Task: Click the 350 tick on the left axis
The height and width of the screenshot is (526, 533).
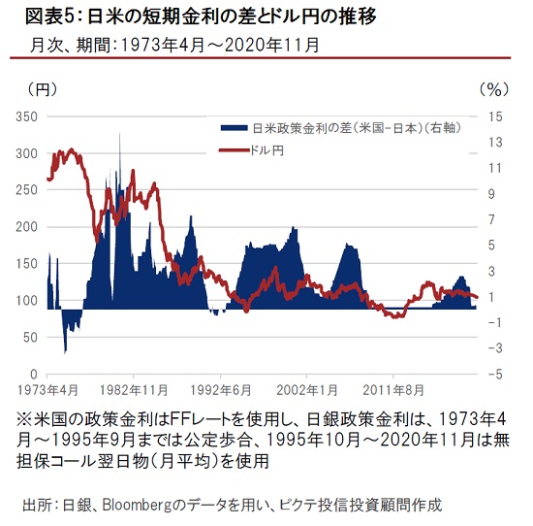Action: click(26, 116)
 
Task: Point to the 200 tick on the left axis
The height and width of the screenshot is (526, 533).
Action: click(26, 227)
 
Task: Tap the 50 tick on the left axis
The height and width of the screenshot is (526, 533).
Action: click(30, 337)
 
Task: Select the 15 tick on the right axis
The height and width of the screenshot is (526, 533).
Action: click(495, 116)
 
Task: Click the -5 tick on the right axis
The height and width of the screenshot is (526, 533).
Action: click(495, 375)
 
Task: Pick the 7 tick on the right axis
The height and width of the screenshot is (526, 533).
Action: click(491, 219)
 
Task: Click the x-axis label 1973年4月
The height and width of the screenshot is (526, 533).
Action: click(47, 390)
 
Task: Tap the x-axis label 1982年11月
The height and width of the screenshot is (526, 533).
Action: click(134, 390)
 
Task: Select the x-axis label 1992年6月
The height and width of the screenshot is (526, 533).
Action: click(221, 390)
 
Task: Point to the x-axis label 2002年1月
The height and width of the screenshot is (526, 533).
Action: click(307, 390)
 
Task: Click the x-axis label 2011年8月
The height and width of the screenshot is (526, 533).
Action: click(393, 390)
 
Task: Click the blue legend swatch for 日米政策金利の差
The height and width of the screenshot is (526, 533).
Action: click(234, 128)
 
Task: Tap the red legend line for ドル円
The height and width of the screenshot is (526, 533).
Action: click(234, 149)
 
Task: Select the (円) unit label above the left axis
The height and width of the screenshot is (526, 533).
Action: click(42, 89)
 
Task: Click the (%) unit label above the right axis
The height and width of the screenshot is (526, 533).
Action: click(494, 89)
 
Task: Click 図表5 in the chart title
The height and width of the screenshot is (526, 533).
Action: click(49, 16)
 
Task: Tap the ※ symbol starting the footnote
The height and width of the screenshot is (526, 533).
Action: click(24, 418)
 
